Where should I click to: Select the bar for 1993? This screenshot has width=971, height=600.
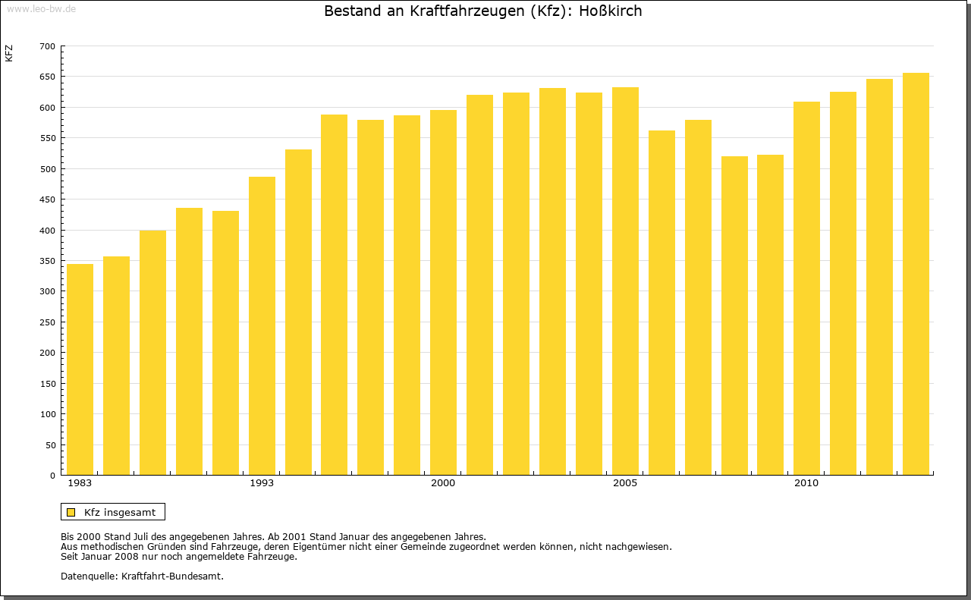[262, 326]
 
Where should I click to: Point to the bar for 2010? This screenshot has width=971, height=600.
[806, 288]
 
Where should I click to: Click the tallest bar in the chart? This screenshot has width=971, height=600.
[916, 274]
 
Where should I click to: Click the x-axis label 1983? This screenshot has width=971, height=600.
[80, 483]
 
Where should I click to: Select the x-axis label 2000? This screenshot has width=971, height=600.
[443, 483]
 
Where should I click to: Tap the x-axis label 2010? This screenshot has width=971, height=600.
[806, 483]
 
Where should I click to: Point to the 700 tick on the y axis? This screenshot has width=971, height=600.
[47, 46]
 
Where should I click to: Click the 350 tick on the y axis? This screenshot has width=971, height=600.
[47, 261]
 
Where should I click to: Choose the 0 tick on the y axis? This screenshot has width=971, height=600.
[52, 476]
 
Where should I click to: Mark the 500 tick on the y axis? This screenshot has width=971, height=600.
[47, 169]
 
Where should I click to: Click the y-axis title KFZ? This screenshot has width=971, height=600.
[9, 53]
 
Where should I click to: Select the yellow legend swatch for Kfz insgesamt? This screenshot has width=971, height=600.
[71, 512]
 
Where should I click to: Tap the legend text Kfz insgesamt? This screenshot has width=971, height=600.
[120, 512]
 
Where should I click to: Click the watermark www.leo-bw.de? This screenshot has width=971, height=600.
[40, 8]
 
